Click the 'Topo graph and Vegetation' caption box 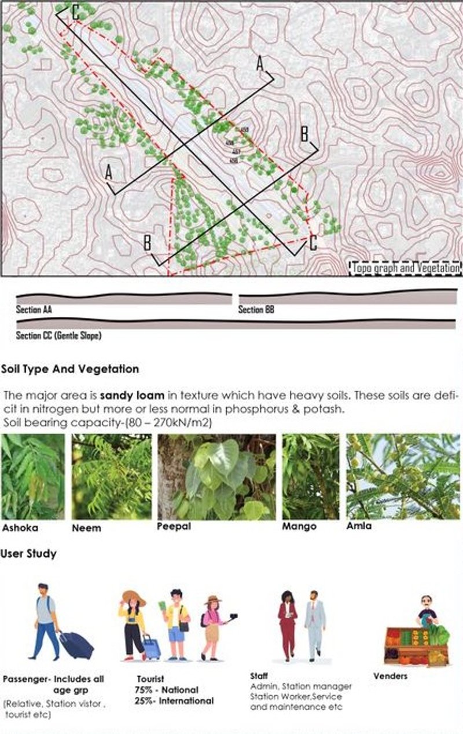pos(405,268)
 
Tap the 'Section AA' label pos(34,310)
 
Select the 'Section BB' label pos(256,310)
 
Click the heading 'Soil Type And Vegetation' pos(70,368)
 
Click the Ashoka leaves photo pos(32,476)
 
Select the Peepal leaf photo pos(216,476)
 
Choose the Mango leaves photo pos(310,476)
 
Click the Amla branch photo pos(403,476)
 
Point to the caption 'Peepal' pos(171,527)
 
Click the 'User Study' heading pos(29,554)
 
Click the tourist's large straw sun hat pos(133,598)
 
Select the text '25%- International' pos(174,701)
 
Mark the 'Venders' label pos(390,676)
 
